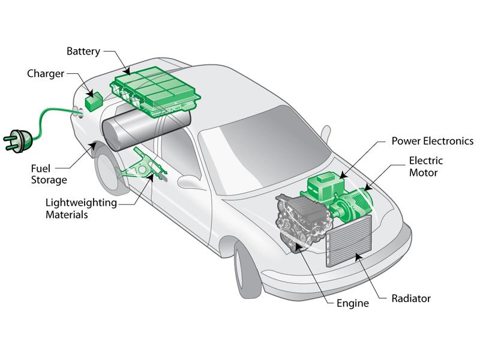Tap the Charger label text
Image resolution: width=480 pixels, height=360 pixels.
pos(46,74)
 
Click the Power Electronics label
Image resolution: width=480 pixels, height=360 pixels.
pos(432,141)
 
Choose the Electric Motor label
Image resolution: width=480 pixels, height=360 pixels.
pos(425,166)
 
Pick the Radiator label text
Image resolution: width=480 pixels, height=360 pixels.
pos(410,298)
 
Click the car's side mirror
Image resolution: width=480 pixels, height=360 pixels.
pos(191,180)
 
